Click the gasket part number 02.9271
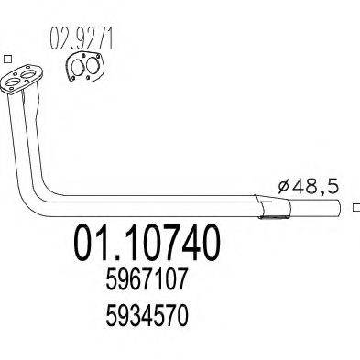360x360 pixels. coord(82,38)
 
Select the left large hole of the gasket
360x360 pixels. coord(78,67)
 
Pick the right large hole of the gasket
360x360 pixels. coord(92,66)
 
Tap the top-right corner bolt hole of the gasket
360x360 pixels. coord(98,56)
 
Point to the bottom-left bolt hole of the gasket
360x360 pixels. coord(73,79)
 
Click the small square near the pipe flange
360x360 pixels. coord(8,59)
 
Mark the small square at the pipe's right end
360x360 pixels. coord(356,207)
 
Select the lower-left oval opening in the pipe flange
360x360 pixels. coord(13,82)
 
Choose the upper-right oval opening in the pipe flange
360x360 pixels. coord(28,74)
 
